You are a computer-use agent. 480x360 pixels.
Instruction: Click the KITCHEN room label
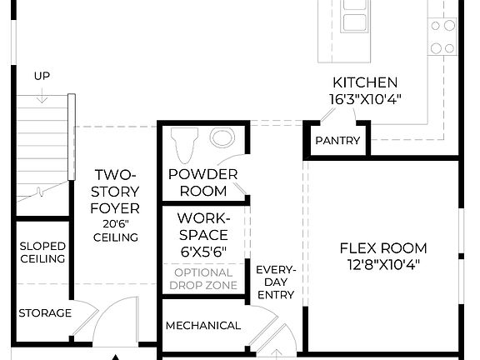pos(365,83)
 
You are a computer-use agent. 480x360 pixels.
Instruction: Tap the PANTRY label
pos(337,141)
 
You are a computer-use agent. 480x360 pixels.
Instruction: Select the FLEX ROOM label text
pos(382,248)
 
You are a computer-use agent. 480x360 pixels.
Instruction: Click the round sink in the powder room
pos(222,137)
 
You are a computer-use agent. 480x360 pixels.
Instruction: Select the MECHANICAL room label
pos(203,326)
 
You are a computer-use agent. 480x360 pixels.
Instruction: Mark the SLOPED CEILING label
pos(42,252)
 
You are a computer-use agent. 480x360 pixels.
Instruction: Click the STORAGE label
pos(45,313)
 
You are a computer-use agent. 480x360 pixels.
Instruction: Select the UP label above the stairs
pos(42,77)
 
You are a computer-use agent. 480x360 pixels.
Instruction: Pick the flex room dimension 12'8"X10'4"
pos(382,265)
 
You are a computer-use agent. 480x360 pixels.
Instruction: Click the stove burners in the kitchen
pos(442,36)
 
